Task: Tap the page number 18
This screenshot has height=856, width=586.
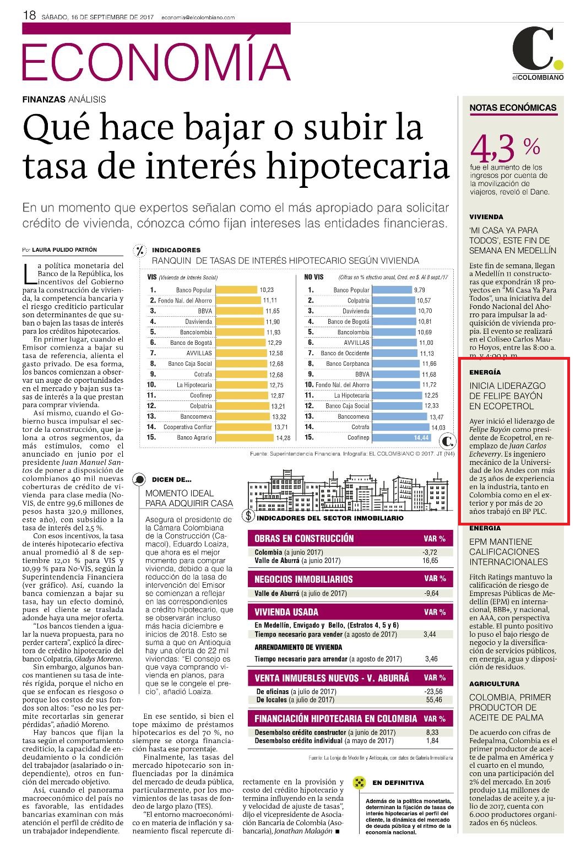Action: (29, 15)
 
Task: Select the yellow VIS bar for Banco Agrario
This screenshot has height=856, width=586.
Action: (245, 437)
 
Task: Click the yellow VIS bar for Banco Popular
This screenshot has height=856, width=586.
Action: (236, 290)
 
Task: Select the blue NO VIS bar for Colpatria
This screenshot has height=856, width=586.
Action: (393, 300)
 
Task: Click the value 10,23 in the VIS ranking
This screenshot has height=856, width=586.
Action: (267, 290)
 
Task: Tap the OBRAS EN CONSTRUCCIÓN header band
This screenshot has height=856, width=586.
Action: (350, 538)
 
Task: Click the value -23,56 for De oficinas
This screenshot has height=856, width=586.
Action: (433, 692)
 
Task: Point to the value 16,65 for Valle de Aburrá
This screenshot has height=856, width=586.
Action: (430, 561)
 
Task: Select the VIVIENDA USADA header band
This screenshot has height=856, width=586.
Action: (350, 612)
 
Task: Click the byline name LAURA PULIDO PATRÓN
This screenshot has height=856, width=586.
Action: (64, 250)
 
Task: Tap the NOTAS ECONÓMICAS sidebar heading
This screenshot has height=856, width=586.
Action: (513, 108)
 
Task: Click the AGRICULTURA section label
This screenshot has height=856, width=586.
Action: (495, 684)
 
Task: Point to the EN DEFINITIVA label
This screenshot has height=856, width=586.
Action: (398, 783)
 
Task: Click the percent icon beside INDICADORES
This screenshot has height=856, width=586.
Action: (140, 251)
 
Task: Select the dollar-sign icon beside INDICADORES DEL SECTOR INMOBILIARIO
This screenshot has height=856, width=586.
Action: (249, 516)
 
